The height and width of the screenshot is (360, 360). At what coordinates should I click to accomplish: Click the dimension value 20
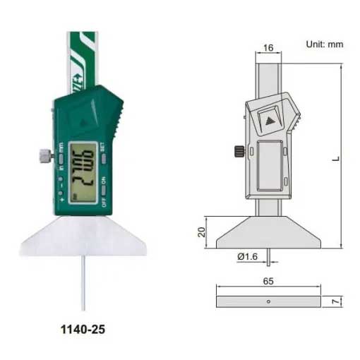201,232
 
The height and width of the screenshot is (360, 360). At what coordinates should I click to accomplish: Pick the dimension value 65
268,281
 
